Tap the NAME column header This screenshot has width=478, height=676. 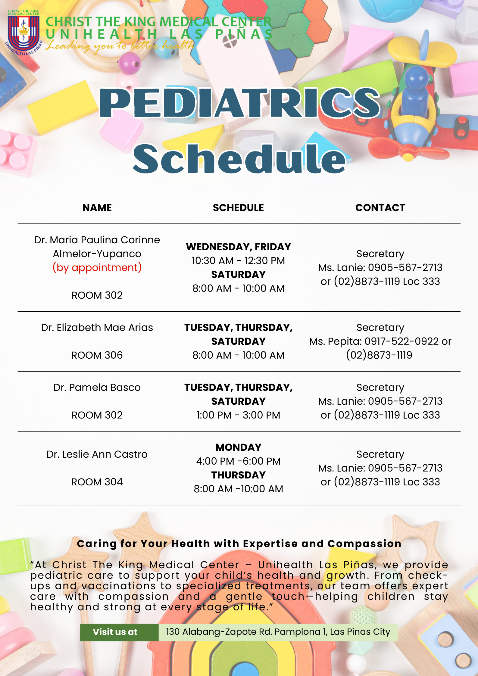[97, 208]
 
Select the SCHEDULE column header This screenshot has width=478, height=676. [238, 208]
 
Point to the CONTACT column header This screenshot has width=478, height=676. [380, 208]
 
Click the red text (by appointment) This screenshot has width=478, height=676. [97, 267]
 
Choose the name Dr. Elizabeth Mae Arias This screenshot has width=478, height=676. [97, 328]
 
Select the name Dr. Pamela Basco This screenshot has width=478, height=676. [97, 388]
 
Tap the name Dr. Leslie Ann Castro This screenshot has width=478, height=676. [97, 454]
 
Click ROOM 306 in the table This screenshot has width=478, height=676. [97, 355]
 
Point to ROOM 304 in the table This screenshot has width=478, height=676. [97, 482]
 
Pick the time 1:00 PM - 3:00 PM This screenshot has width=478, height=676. [238, 415]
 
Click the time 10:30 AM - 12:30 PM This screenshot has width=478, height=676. [238, 261]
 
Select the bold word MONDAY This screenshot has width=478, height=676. [238, 447]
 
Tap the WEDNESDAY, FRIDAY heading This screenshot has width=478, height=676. [238, 247]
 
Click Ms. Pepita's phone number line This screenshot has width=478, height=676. [380, 341]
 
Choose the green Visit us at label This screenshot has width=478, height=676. [115, 632]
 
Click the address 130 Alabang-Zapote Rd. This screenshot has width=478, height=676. [278, 632]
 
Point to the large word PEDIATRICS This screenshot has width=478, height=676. [239, 103]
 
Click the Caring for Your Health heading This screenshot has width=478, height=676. [239, 544]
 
